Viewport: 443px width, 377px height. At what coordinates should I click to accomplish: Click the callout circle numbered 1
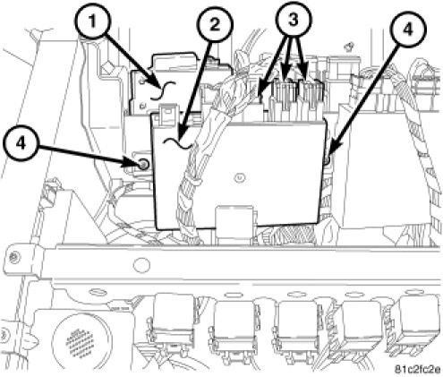click(x=93, y=21)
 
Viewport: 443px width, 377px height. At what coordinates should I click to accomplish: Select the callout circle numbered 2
click(x=214, y=24)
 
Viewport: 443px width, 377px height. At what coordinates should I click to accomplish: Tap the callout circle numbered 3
click(x=294, y=20)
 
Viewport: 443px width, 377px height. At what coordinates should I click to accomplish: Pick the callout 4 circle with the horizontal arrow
click(x=21, y=144)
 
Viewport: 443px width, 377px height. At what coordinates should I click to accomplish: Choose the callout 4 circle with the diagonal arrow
click(x=408, y=29)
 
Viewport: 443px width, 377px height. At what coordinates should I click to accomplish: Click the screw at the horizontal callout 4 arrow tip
click(x=143, y=164)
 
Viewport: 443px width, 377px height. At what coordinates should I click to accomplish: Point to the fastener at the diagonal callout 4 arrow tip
click(x=326, y=160)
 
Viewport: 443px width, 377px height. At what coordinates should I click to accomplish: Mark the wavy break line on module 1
click(x=162, y=90)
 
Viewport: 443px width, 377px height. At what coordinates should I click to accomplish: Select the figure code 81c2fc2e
click(x=418, y=370)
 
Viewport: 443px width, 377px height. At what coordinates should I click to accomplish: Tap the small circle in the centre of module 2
click(x=239, y=178)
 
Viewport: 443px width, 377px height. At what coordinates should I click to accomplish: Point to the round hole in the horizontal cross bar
click(x=141, y=265)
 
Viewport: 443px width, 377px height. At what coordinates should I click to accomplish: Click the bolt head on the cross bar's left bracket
click(x=13, y=257)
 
